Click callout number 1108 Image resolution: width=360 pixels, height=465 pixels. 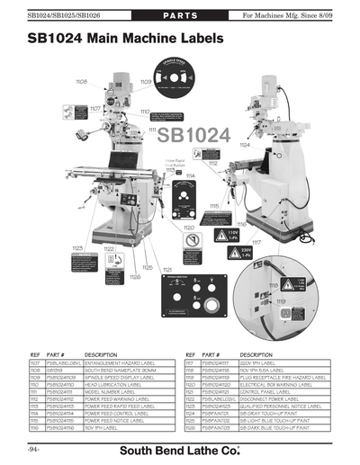coord(81,82)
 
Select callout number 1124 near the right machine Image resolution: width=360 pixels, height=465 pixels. coord(244,144)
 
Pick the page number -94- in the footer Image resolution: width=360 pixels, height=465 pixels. coord(35,448)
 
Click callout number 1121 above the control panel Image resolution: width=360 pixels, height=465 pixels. coord(167,269)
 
